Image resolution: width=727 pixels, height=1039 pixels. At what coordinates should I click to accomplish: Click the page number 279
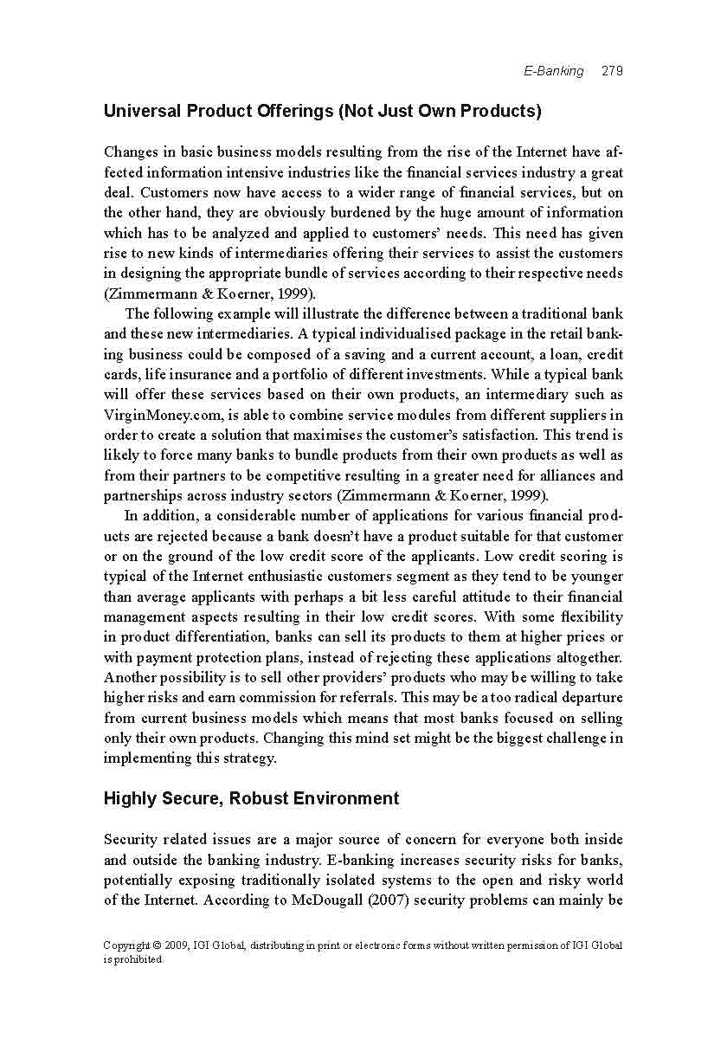click(x=612, y=71)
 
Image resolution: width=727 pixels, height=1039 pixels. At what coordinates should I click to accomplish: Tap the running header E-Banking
click(x=554, y=71)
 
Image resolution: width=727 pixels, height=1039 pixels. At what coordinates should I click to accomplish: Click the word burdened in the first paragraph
click(x=323, y=212)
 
